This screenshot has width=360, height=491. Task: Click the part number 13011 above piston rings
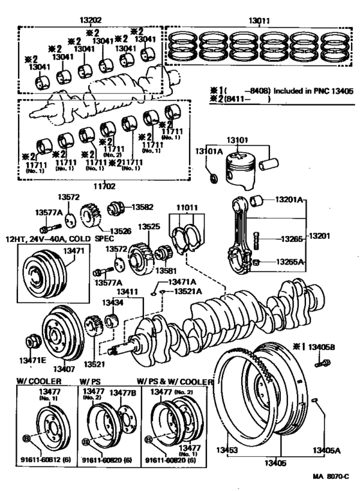(259, 21)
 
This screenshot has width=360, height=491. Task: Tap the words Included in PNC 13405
(313, 91)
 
